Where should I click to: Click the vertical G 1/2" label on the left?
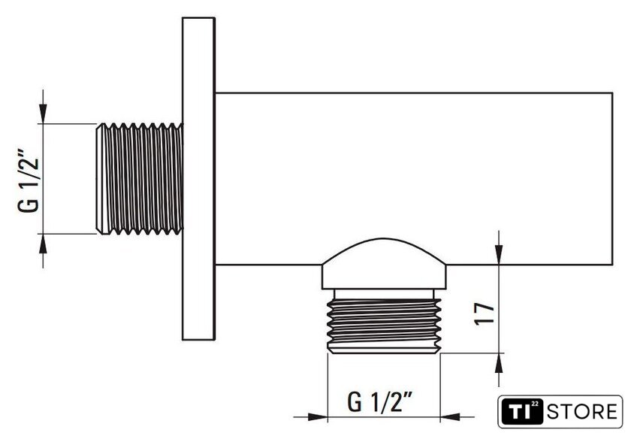(29, 181)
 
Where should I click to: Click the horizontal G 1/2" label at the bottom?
(380, 401)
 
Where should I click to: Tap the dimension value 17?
(484, 313)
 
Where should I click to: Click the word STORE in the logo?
(582, 412)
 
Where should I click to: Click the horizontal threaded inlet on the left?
(140, 179)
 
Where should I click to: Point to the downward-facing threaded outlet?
(385, 326)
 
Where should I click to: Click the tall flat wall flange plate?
(198, 179)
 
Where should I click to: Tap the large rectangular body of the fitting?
(414, 179)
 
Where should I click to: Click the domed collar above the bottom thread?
(384, 264)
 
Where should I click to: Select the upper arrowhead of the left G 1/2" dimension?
(43, 114)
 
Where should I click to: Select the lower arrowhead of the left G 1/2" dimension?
(43, 244)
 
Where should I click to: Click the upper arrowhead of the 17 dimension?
(499, 255)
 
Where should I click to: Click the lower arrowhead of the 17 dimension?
(499, 363)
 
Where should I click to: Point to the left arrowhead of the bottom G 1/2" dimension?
(318, 417)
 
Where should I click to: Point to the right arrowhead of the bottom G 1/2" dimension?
(450, 417)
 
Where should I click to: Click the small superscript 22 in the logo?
(535, 404)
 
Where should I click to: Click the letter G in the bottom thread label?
(355, 402)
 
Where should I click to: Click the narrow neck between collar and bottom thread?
(385, 294)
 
